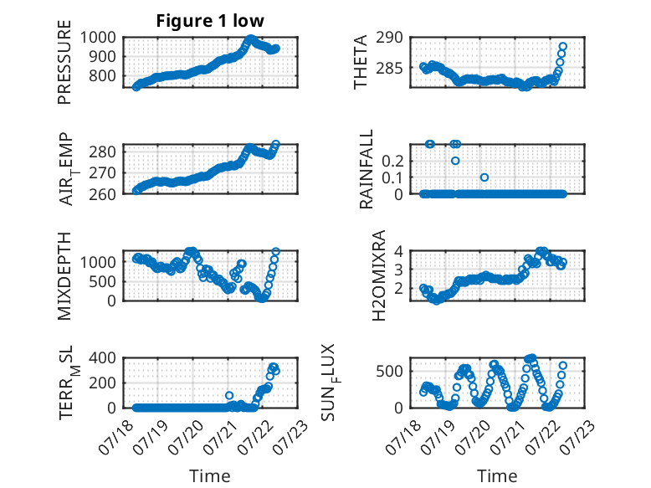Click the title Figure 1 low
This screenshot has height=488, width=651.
(210, 21)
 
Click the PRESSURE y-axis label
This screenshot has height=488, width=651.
(64, 62)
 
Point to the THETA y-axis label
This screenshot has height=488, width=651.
(361, 62)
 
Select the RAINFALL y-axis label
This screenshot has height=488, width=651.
(367, 169)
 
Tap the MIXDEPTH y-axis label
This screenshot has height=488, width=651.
(64, 275)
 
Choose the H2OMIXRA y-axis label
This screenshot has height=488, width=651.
(379, 275)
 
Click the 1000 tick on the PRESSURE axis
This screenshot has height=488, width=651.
(98, 38)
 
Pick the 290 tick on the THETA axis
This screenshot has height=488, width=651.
(389, 38)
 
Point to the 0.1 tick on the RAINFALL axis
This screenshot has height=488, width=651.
(392, 177)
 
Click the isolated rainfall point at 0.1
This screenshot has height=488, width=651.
(484, 177)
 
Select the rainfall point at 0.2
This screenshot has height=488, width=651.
(455, 161)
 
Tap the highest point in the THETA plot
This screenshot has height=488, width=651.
(563, 46)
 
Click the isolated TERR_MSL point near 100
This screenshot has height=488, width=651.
(229, 395)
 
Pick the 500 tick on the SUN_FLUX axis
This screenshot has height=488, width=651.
(389, 371)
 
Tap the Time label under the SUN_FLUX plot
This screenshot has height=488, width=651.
(497, 476)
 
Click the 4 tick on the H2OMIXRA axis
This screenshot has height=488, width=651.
(399, 251)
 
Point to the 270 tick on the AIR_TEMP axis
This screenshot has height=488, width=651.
(103, 172)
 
